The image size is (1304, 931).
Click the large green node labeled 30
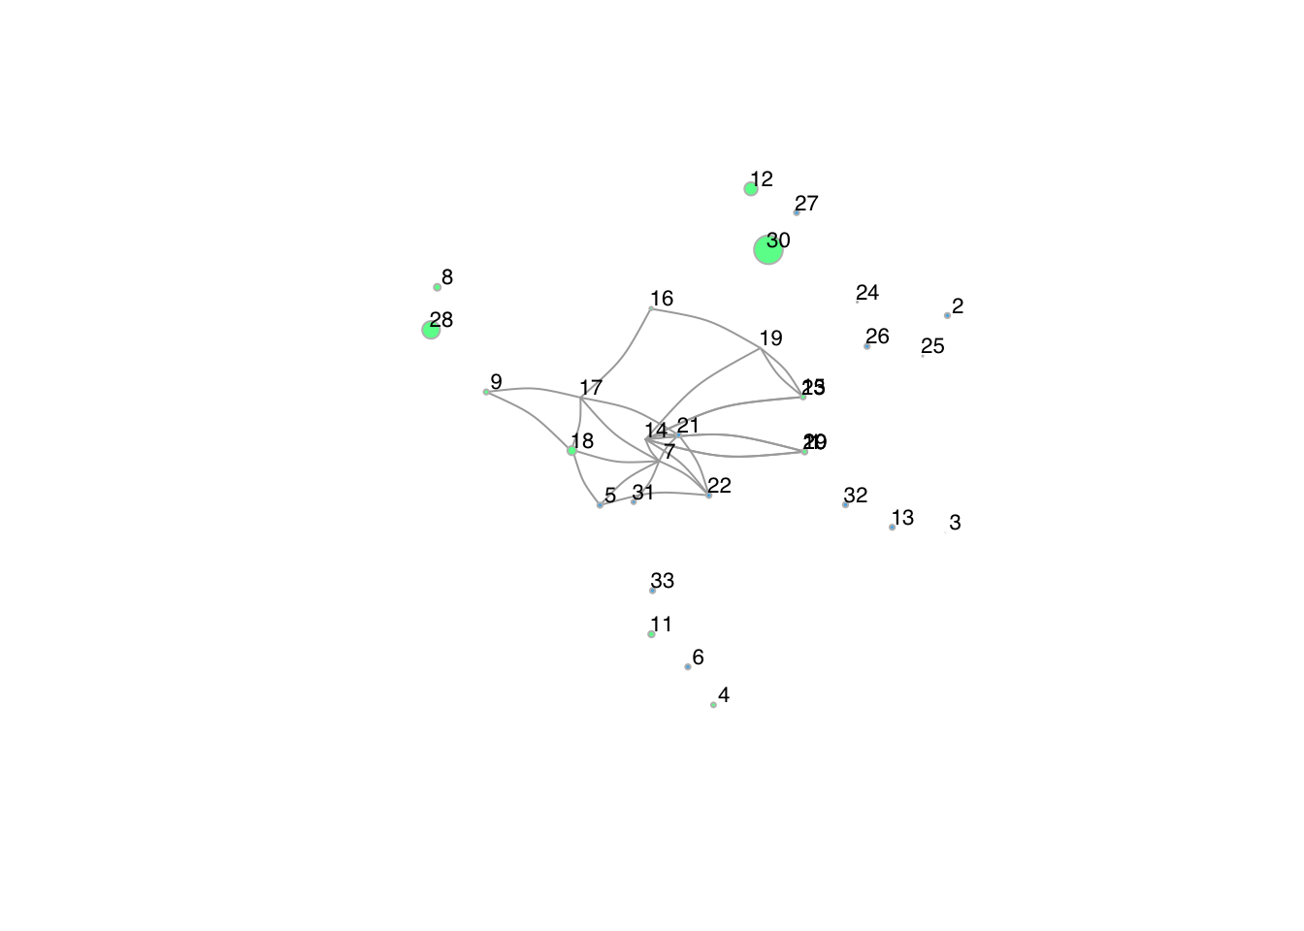point(768,250)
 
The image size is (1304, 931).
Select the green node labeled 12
point(751,189)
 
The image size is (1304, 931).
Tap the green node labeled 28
point(432,330)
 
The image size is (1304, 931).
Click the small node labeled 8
point(438,287)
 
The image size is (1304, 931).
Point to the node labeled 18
point(572,450)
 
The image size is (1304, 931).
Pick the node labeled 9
point(486,392)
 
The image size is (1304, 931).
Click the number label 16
point(662,299)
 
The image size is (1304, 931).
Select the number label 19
point(770,338)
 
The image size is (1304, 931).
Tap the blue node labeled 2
point(947,315)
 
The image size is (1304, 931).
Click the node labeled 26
point(866,346)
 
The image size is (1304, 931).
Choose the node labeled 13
point(892,527)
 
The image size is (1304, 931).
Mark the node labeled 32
point(845,504)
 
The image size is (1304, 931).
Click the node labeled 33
point(652,590)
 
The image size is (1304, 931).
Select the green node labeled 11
point(651,634)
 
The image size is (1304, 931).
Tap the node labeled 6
point(688,666)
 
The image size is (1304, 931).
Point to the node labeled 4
point(713,704)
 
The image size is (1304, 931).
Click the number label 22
point(719,486)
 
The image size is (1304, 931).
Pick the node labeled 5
point(600,504)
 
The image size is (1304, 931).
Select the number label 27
point(806,204)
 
